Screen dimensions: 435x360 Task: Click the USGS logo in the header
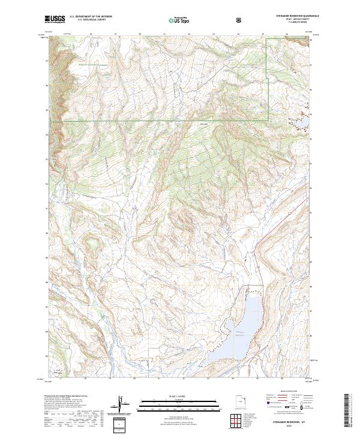coord(55,19)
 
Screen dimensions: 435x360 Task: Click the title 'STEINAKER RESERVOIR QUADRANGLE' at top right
coord(298,16)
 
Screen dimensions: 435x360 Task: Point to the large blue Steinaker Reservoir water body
coord(245,327)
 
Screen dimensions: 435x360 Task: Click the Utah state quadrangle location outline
coord(242,402)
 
